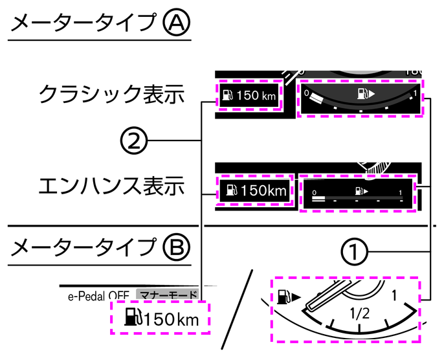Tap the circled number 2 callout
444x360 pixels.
pyautogui.click(x=133, y=140)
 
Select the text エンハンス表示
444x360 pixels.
pyautogui.click(x=112, y=187)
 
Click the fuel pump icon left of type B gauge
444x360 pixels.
pyautogui.click(x=284, y=297)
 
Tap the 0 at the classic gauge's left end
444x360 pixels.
pyautogui.click(x=307, y=93)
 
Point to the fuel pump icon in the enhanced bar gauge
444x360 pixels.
pyautogui.click(x=361, y=191)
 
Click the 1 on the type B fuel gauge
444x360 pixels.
pyautogui.click(x=394, y=295)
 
